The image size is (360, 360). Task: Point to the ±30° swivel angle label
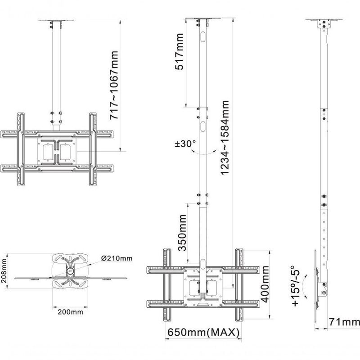pyautogui.click(x=185, y=144)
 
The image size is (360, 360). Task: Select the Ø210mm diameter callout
pyautogui.click(x=117, y=258)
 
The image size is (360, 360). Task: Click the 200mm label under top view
pyautogui.click(x=71, y=311)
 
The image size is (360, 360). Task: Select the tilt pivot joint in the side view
pyautogui.click(x=323, y=288)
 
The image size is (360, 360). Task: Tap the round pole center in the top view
pyautogui.click(x=70, y=272)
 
